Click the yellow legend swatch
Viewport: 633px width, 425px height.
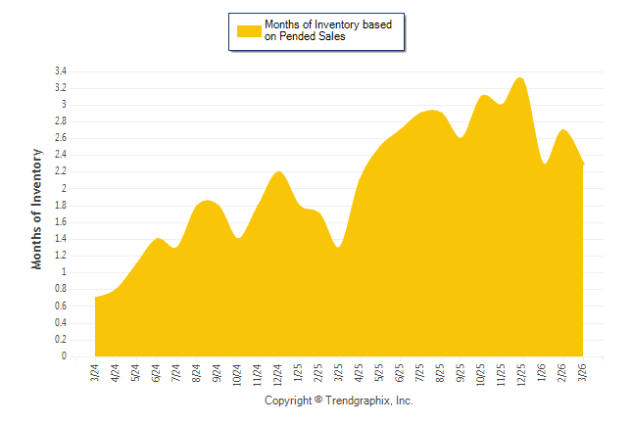[249, 30]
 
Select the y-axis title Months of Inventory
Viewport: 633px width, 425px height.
[37, 210]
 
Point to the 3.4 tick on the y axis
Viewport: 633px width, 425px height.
[60, 71]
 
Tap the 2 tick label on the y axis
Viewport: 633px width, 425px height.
[63, 189]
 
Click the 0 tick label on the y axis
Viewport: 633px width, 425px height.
[63, 356]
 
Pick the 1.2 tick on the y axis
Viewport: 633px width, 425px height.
[60, 256]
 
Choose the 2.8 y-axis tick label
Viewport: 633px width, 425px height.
[60, 121]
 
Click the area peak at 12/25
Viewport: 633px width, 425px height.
[521, 79]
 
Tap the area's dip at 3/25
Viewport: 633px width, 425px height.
[339, 247]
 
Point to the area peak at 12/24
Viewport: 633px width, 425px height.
[278, 172]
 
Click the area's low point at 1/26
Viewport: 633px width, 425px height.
[544, 164]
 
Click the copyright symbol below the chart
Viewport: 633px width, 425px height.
[317, 401]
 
